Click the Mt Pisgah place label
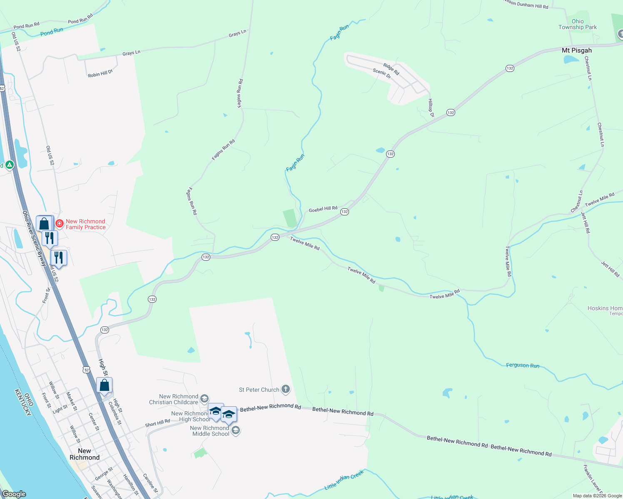point(576,50)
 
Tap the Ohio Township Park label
point(578,24)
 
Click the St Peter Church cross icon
point(285,389)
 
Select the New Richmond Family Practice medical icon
point(60,224)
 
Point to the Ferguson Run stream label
point(523,366)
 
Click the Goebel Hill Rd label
point(323,209)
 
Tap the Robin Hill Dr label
point(100,74)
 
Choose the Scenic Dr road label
point(382,74)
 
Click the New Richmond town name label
point(85,454)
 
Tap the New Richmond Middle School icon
point(236,430)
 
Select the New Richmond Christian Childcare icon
point(204,399)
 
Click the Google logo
point(14,494)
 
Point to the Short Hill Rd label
point(157,423)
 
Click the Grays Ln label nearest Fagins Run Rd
point(237,33)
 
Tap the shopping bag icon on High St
point(105,385)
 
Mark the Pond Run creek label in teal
point(52,32)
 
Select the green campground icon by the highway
point(9,165)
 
